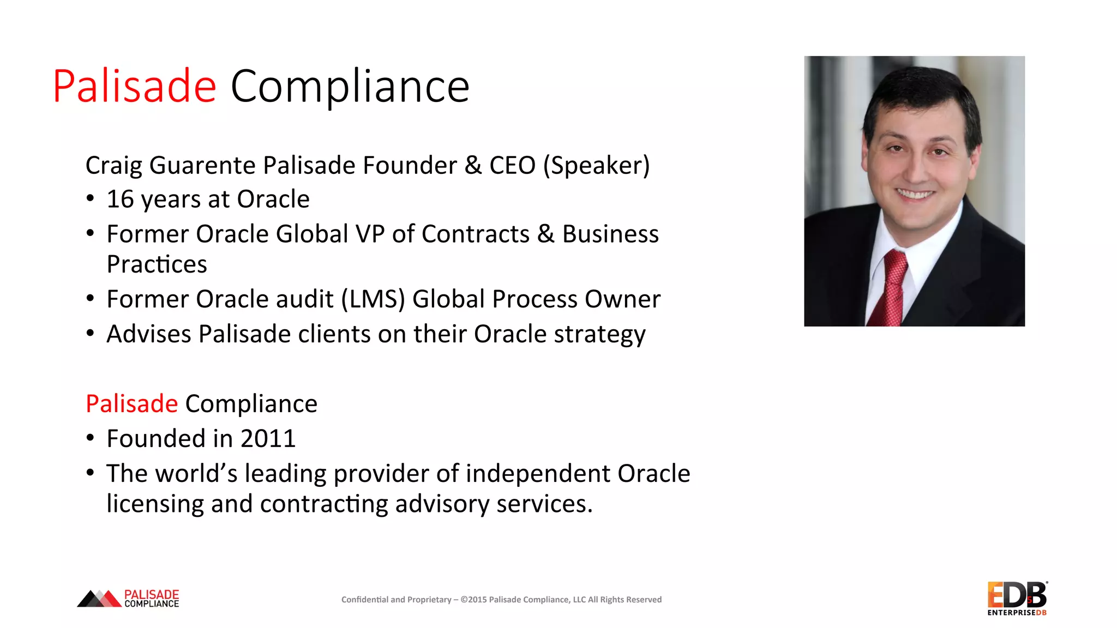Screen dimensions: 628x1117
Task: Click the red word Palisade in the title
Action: (x=134, y=86)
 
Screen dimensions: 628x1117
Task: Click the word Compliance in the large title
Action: (x=350, y=86)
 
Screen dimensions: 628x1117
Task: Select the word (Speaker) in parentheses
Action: (x=596, y=166)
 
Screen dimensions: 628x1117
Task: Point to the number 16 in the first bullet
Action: (x=120, y=200)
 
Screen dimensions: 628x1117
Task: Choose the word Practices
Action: (x=157, y=264)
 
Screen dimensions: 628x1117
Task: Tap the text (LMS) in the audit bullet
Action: (x=373, y=299)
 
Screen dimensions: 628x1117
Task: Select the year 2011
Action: (x=268, y=439)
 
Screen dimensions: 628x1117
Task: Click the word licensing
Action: (x=155, y=504)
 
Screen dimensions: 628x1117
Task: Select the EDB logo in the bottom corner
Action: (x=1017, y=598)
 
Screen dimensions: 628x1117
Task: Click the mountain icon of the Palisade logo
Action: (x=99, y=599)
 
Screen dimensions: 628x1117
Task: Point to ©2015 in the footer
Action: (x=473, y=600)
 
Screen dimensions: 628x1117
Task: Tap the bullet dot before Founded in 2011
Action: (x=91, y=438)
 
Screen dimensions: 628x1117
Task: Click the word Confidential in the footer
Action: (x=365, y=600)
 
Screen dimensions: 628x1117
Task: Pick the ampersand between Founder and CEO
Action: (x=473, y=166)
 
